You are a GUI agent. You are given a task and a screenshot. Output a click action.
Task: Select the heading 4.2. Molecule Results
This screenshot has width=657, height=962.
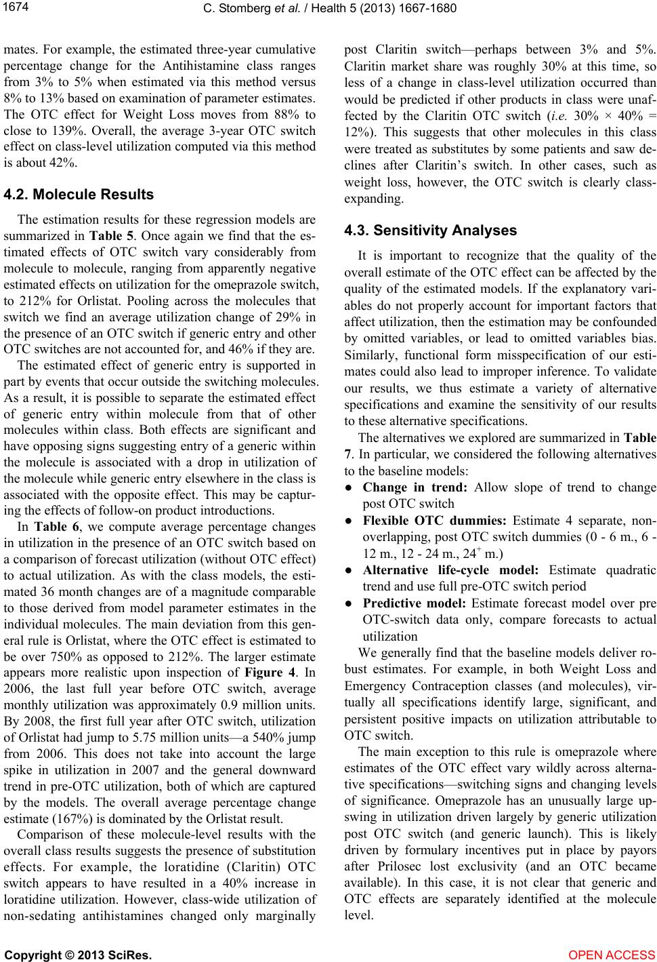79,195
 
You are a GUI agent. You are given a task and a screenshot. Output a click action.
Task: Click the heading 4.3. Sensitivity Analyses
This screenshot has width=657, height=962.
430,231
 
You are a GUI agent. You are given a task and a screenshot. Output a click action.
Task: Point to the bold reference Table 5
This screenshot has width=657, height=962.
103,237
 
